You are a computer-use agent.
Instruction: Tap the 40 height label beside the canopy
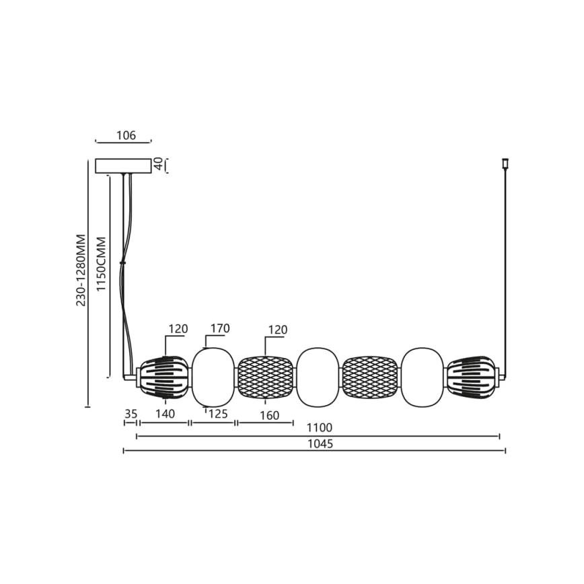coord(159,165)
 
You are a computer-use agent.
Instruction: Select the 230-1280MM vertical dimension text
coord(81,271)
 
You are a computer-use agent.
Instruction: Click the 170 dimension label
coord(219,328)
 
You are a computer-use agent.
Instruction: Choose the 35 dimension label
coord(131,415)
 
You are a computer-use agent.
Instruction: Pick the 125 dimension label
coord(217,415)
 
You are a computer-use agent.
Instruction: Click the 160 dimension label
coord(268,415)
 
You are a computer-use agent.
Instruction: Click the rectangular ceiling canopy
coord(123,166)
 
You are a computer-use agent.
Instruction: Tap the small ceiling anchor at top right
coord(505,163)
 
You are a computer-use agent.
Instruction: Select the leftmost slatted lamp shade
coord(163,377)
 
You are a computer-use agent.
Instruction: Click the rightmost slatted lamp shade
coord(472,377)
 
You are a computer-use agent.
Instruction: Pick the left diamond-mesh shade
coord(265,377)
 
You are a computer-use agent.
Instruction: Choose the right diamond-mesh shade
coord(370,377)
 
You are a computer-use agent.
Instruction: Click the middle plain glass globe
coord(318,377)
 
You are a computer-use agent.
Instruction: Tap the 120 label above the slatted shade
coord(178,329)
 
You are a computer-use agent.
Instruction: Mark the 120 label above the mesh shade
coord(277,330)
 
